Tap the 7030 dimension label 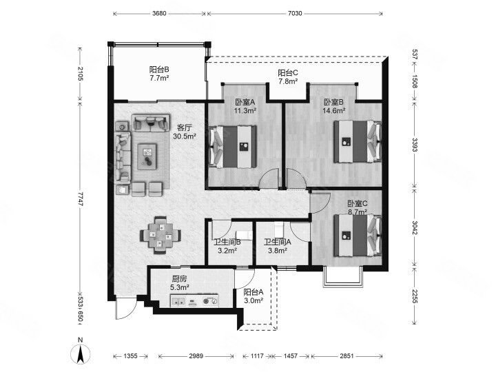click(295, 13)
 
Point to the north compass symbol click(81, 352)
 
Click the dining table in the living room click(161, 235)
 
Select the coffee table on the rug click(147, 156)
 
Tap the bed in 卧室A click(233, 147)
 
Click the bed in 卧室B click(358, 141)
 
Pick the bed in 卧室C click(358, 235)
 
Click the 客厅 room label click(185, 128)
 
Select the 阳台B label click(159, 70)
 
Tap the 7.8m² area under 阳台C click(288, 81)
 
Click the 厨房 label click(179, 279)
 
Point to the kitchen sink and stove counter click(194, 300)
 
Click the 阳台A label click(254, 292)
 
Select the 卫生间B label click(227, 242)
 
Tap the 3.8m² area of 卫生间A click(278, 251)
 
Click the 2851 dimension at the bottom click(347, 356)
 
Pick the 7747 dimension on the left click(80, 199)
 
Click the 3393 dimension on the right click(415, 145)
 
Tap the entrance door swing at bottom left click(126, 308)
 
